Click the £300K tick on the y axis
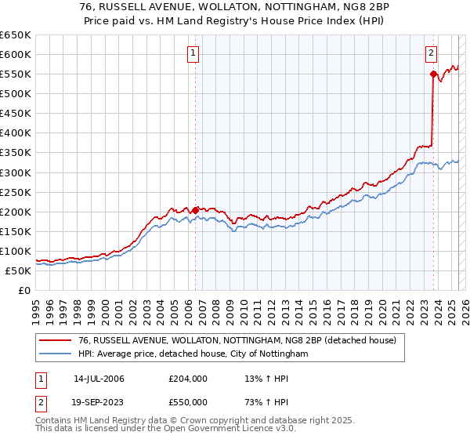pyautogui.click(x=16, y=172)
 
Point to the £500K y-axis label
pyautogui.click(x=16, y=93)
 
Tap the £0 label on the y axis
pyautogui.click(x=25, y=290)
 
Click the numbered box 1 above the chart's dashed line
pyautogui.click(x=193, y=53)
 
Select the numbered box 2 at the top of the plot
pyautogui.click(x=432, y=53)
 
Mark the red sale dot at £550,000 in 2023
pyautogui.click(x=432, y=74)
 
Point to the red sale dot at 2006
pyautogui.click(x=195, y=210)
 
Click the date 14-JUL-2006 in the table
pyautogui.click(x=99, y=379)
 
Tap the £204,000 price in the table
pyautogui.click(x=187, y=379)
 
